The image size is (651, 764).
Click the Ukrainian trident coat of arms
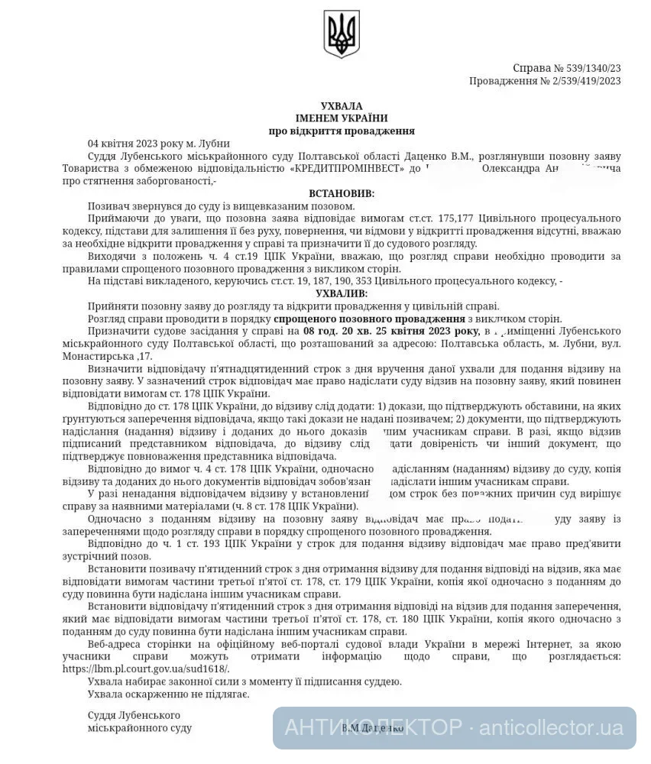pyautogui.click(x=341, y=34)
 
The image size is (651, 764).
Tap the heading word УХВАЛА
pyautogui.click(x=341, y=105)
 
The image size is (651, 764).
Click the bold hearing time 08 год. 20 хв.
pyautogui.click(x=341, y=330)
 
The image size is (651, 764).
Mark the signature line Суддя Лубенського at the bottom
pyautogui.click(x=134, y=715)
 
